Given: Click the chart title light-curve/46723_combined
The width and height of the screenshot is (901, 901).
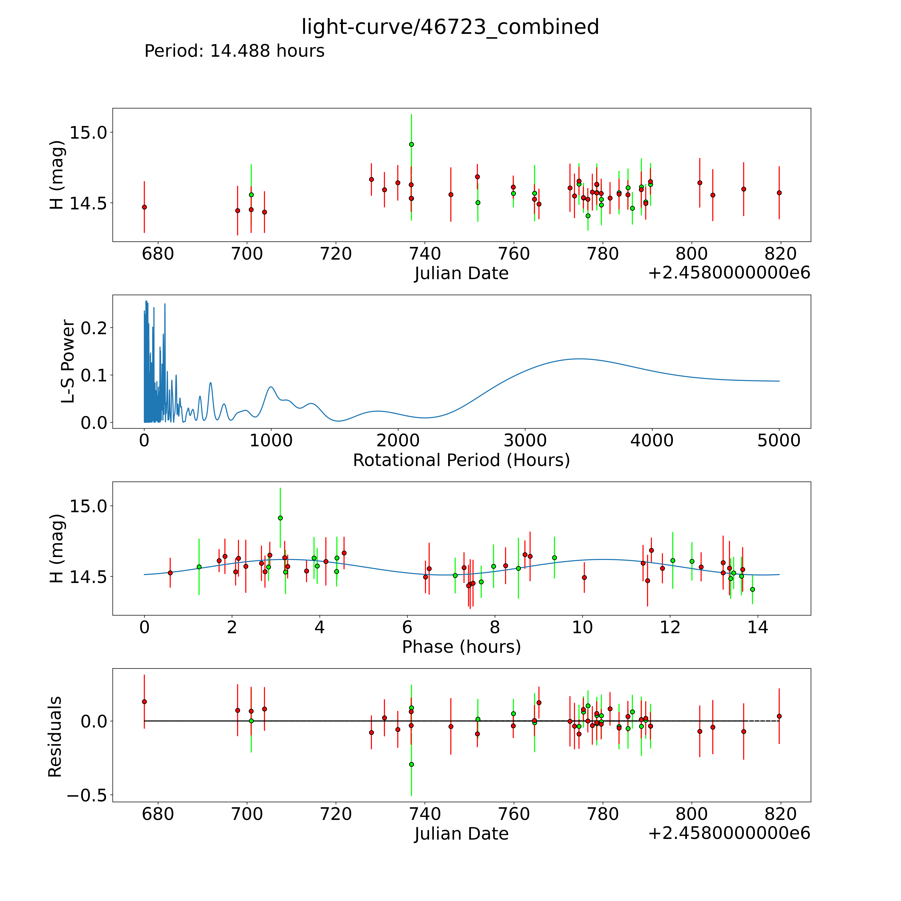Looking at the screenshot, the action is [450, 27].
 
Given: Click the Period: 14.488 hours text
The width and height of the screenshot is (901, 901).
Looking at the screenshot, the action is [234, 51].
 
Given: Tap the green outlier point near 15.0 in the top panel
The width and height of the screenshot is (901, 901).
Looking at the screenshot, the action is [411, 144].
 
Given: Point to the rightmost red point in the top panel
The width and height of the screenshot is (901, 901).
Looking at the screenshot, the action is [779, 193].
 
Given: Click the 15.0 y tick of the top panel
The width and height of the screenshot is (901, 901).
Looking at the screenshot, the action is [88, 132].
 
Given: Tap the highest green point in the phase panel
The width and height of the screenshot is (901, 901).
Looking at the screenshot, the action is [280, 518].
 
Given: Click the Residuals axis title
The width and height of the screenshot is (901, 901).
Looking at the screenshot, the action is [55, 737].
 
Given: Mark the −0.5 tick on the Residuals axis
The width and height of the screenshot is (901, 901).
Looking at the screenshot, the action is [87, 795].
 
